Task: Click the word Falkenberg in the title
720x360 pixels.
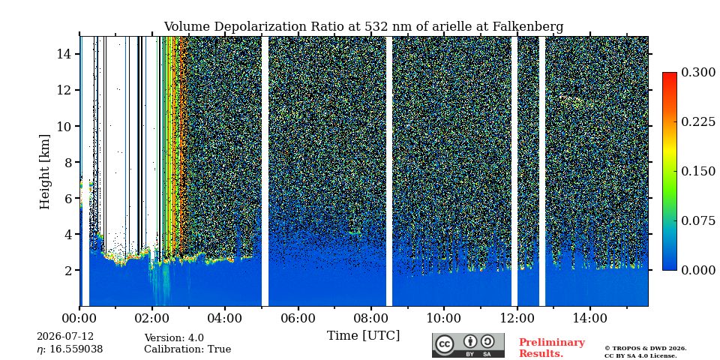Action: point(527,27)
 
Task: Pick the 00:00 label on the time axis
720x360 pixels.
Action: point(80,318)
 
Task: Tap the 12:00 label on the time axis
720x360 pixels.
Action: point(517,318)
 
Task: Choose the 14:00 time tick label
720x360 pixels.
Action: point(589,318)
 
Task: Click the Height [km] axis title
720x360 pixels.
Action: point(44,172)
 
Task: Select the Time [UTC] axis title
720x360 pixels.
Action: point(363,336)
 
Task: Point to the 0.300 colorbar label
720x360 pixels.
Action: point(698,72)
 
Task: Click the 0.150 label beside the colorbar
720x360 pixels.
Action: point(698,171)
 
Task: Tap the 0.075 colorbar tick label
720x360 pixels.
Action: point(698,220)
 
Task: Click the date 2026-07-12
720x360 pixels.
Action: point(65,337)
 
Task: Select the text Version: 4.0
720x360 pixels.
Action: point(174,338)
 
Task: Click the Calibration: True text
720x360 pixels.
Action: point(187,349)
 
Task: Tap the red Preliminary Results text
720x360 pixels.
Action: point(552,348)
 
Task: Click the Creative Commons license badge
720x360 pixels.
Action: point(468,345)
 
